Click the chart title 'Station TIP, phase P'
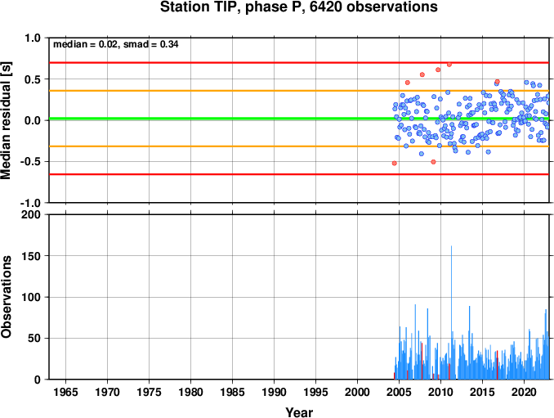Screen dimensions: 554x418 tap(232, 7)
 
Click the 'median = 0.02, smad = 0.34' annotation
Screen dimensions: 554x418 tap(115, 44)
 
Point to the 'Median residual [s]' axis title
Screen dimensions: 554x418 tap(6, 120)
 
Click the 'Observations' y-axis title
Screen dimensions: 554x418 tap(6, 297)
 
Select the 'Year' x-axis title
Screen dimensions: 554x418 tap(299, 412)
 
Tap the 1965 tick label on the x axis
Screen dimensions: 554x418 tap(65, 392)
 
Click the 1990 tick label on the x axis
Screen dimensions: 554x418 tap(275, 392)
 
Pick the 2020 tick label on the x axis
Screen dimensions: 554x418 tap(525, 392)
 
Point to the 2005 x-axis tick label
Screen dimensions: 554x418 tap(400, 392)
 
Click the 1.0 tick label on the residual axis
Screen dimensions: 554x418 tap(33, 38)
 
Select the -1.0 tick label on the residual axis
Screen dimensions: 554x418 tap(30, 203)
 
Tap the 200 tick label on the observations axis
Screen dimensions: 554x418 tap(31, 214)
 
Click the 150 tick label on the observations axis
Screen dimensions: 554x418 tap(31, 256)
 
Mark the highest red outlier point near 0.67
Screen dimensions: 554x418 tap(449, 65)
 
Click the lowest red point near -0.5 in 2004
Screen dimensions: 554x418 tap(395, 163)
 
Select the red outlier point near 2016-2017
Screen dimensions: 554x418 tap(497, 82)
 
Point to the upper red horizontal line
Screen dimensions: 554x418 tap(299, 63)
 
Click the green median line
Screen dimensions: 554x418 tap(299, 119)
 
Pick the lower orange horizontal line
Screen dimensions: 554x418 tap(299, 146)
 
